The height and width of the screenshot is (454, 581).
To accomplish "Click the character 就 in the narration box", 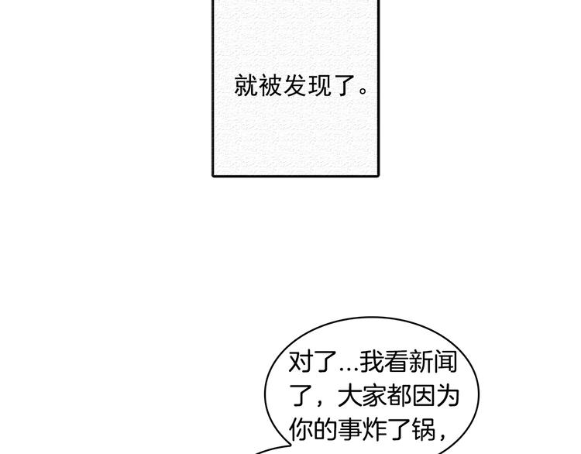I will coord(246,85).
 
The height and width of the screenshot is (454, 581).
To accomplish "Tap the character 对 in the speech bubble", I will coord(301,362).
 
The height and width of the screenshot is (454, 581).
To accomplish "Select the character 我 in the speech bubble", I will coord(373,362).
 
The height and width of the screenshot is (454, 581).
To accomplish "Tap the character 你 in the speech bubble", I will coord(301,430).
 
